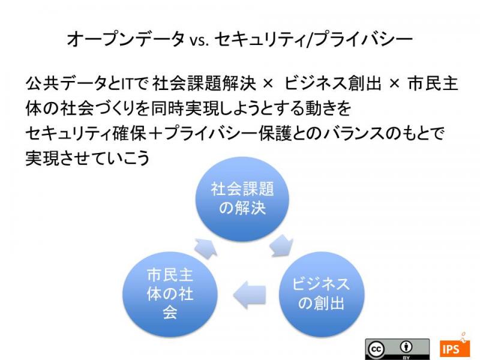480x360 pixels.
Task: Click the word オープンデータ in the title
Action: click(x=126, y=39)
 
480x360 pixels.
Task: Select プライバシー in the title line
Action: click(x=363, y=39)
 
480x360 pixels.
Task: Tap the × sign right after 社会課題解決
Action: click(x=268, y=83)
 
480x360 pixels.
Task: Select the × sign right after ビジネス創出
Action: click(x=395, y=83)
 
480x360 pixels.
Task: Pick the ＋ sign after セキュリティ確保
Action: click(x=155, y=134)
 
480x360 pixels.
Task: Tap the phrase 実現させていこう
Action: click(x=88, y=158)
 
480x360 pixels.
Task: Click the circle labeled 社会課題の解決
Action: click(x=242, y=200)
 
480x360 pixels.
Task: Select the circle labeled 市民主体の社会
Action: click(x=170, y=295)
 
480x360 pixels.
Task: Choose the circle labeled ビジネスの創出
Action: click(x=322, y=295)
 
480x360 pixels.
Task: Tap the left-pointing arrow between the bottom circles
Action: click(x=249, y=295)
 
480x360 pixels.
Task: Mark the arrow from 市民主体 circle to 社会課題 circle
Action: click(x=206, y=248)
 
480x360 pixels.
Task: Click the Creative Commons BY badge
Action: click(x=397, y=349)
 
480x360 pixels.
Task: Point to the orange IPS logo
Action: click(x=455, y=348)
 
